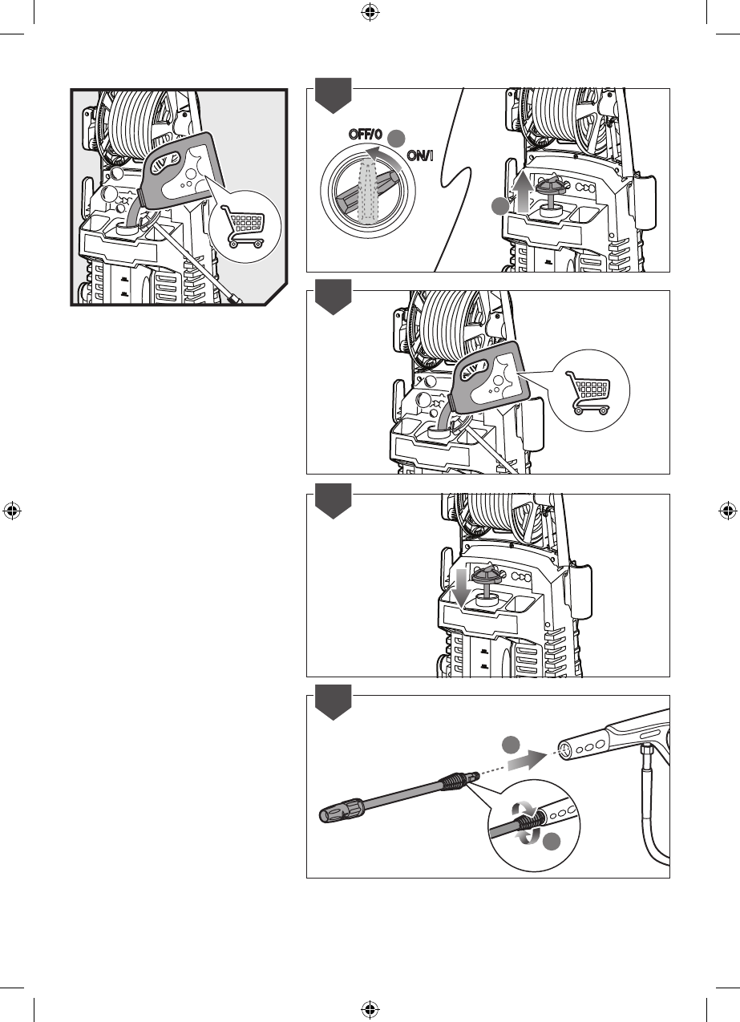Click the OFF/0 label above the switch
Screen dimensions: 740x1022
tap(365, 135)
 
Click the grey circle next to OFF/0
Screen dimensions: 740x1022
tap(396, 138)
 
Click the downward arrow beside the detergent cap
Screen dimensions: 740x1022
tap(462, 588)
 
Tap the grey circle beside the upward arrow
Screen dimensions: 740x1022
tap(500, 206)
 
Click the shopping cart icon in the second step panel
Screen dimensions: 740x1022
tap(588, 393)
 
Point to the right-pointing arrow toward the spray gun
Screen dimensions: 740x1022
tap(527, 761)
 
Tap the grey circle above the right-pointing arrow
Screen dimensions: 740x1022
tap(511, 745)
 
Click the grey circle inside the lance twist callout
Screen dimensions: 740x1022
tap(552, 840)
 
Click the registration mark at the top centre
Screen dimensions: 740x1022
tap(370, 12)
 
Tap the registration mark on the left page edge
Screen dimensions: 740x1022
tap(12, 511)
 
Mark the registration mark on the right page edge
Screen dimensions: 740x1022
tap(728, 511)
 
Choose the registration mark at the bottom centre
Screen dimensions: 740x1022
tap(370, 1009)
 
